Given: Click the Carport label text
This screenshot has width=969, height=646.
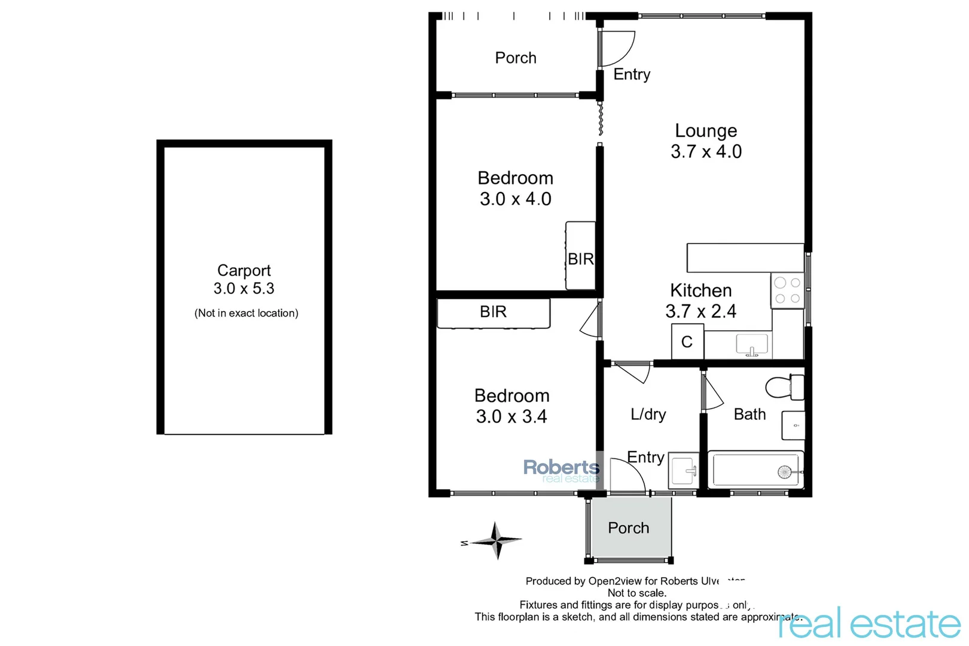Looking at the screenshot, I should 244,271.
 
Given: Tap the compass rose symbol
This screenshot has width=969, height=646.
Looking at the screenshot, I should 495,541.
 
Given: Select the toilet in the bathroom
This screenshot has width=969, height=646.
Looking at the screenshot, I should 785,387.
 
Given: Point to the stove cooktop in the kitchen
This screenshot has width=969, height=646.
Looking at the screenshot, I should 787,291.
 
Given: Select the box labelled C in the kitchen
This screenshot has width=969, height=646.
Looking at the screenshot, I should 687,342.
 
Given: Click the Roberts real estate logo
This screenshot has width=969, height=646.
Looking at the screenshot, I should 561,470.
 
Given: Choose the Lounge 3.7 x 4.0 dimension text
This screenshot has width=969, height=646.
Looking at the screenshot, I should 706,152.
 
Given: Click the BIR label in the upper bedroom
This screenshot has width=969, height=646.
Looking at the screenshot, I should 580,259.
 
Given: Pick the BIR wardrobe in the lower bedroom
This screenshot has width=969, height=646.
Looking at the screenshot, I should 493,312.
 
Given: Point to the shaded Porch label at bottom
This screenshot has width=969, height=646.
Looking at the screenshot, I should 628,528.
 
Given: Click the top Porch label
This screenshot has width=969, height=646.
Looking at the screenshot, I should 516,58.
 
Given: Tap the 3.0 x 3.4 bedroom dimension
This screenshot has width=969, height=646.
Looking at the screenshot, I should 511,417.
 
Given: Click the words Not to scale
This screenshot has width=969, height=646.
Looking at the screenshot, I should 636,593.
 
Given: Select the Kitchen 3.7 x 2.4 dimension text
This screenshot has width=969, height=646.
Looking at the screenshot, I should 700,312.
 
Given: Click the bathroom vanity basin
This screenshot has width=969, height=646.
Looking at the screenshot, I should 794,426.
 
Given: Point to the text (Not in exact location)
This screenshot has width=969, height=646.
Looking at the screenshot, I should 246,313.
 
